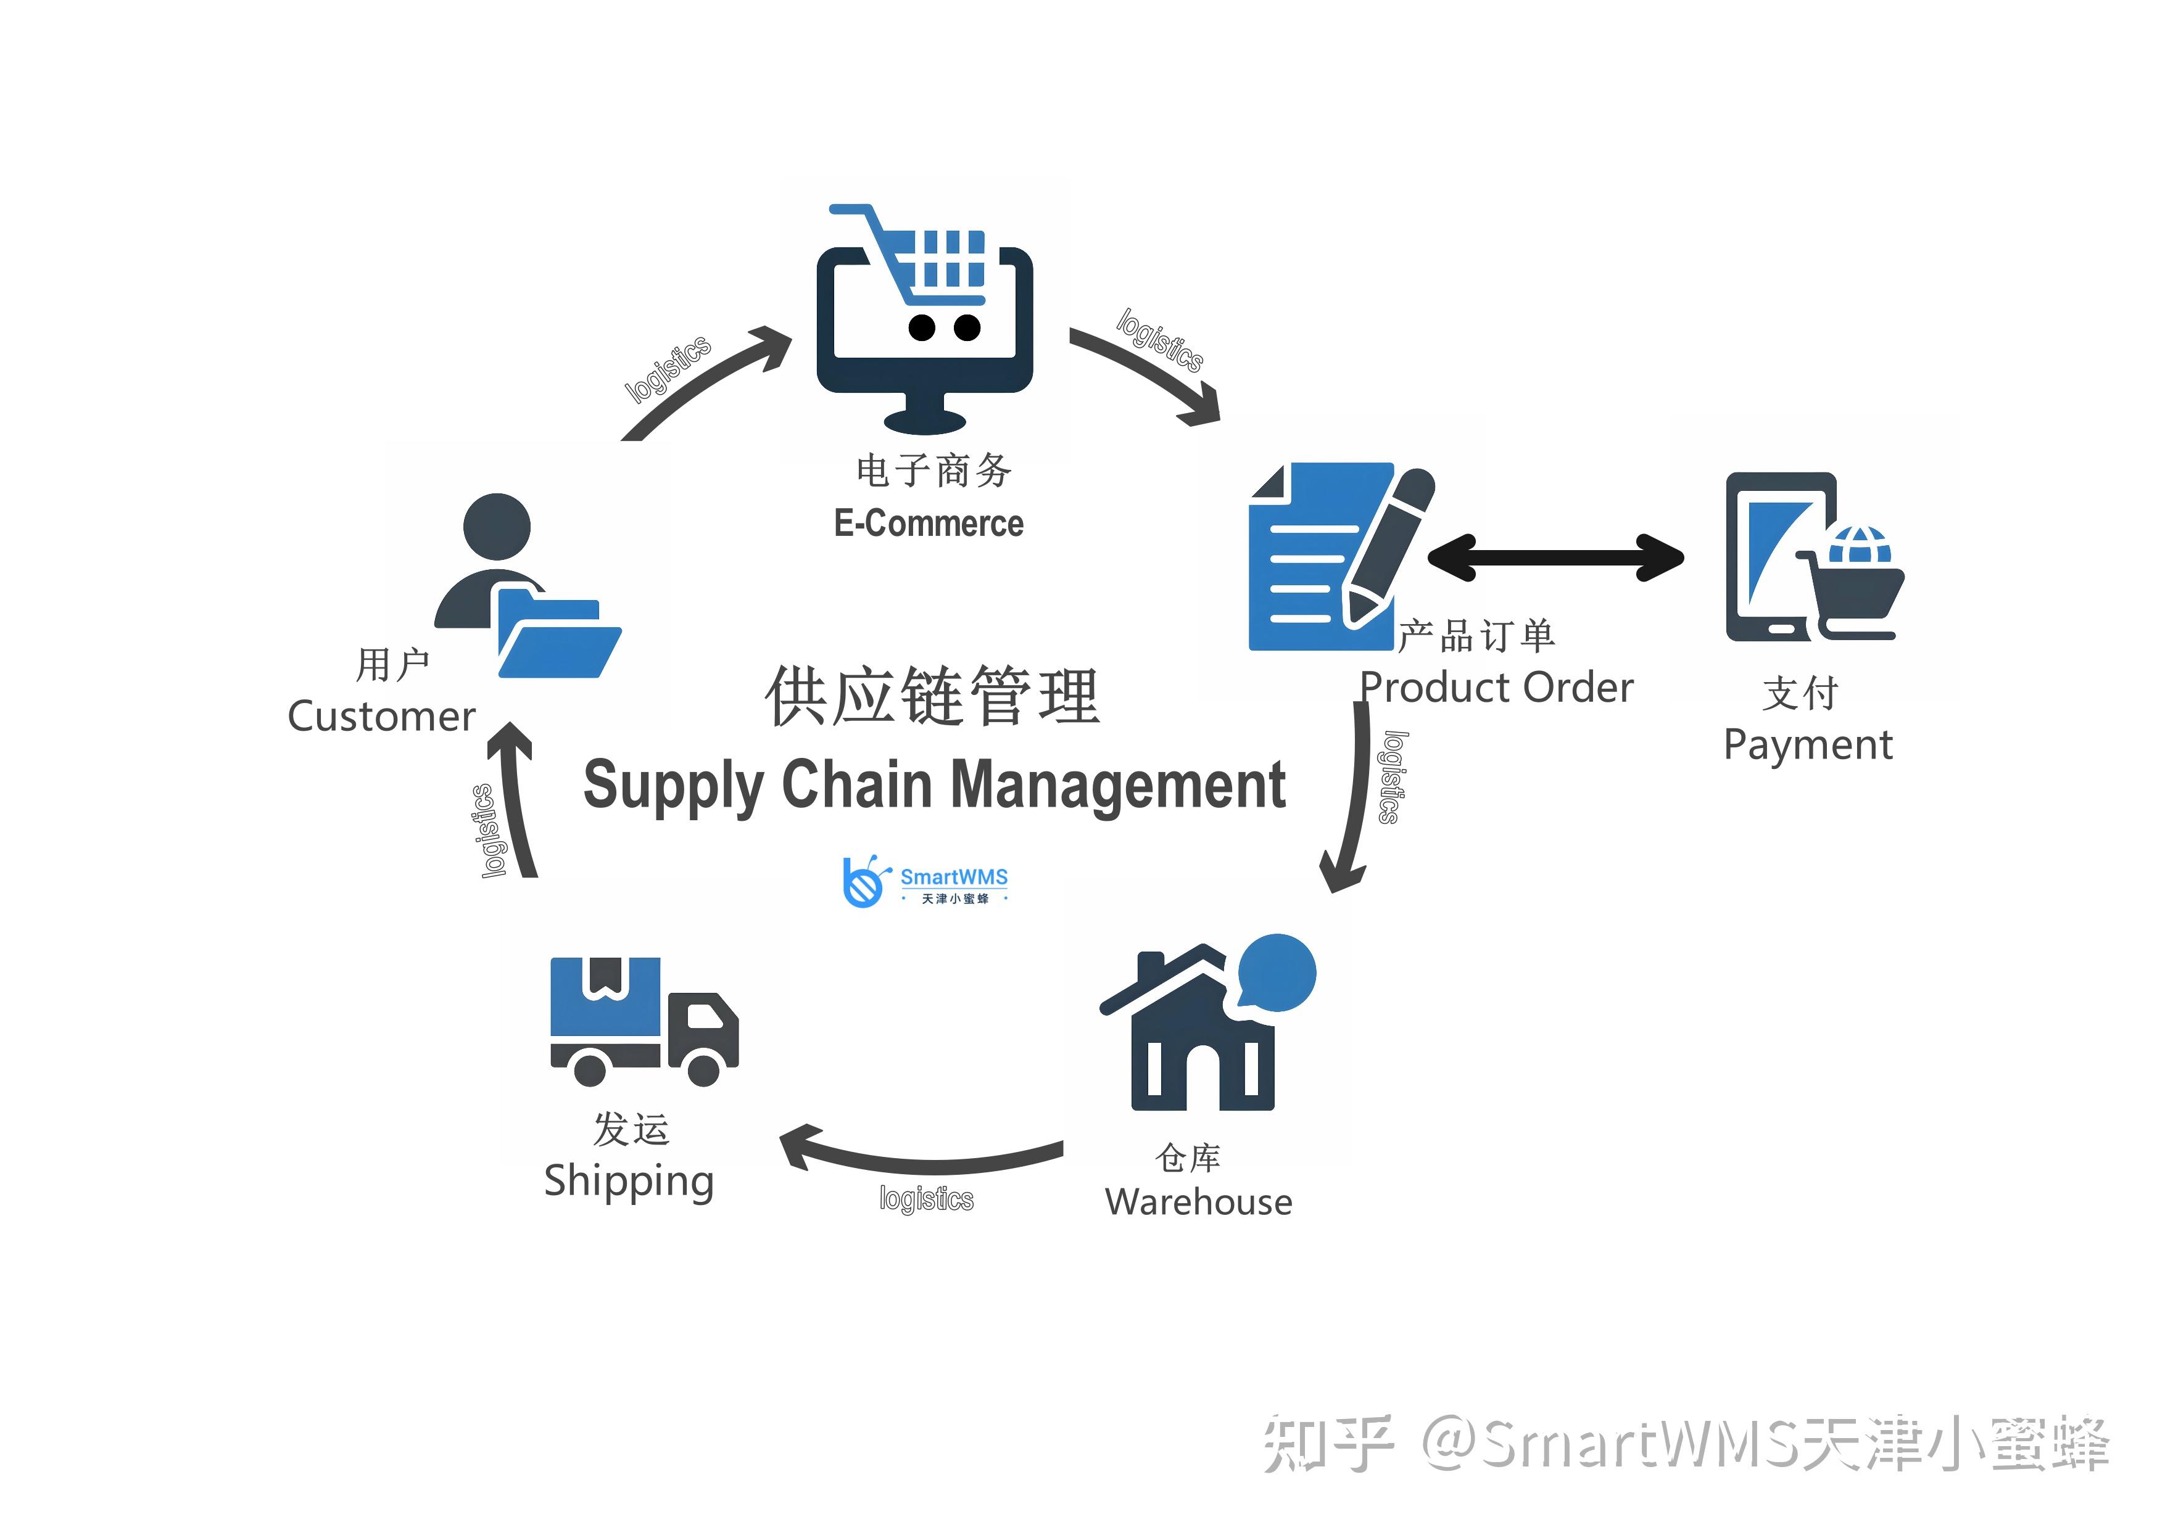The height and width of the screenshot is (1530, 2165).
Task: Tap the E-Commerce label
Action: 928,523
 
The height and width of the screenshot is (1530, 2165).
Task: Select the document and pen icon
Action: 1339,556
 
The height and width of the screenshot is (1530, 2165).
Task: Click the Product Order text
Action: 1496,687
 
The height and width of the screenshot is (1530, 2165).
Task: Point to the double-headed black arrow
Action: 1556,556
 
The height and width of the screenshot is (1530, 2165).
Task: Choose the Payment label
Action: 1808,745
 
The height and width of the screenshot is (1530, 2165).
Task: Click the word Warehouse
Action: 1198,1202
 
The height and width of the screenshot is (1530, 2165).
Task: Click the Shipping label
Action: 629,1181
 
